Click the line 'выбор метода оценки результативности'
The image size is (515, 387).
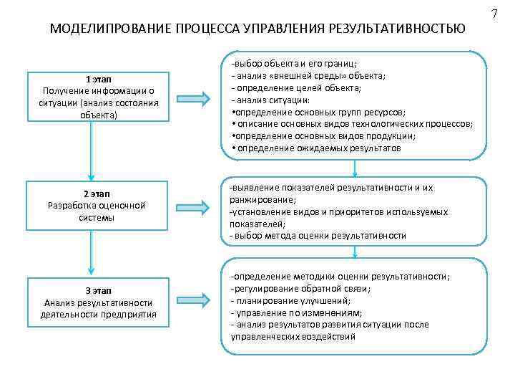pyautogui.click(x=318, y=236)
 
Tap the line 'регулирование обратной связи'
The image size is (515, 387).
pyautogui.click(x=300, y=289)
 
